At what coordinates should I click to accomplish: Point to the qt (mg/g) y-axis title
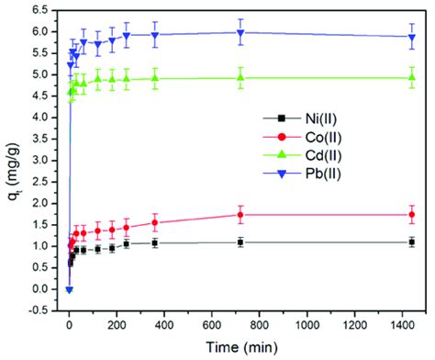12,160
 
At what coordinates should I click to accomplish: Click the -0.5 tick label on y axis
36,310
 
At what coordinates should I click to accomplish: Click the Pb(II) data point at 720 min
240,32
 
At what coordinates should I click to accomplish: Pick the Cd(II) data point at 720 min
240,77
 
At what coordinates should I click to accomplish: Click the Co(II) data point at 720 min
240,215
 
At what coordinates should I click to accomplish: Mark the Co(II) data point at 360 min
154,222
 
